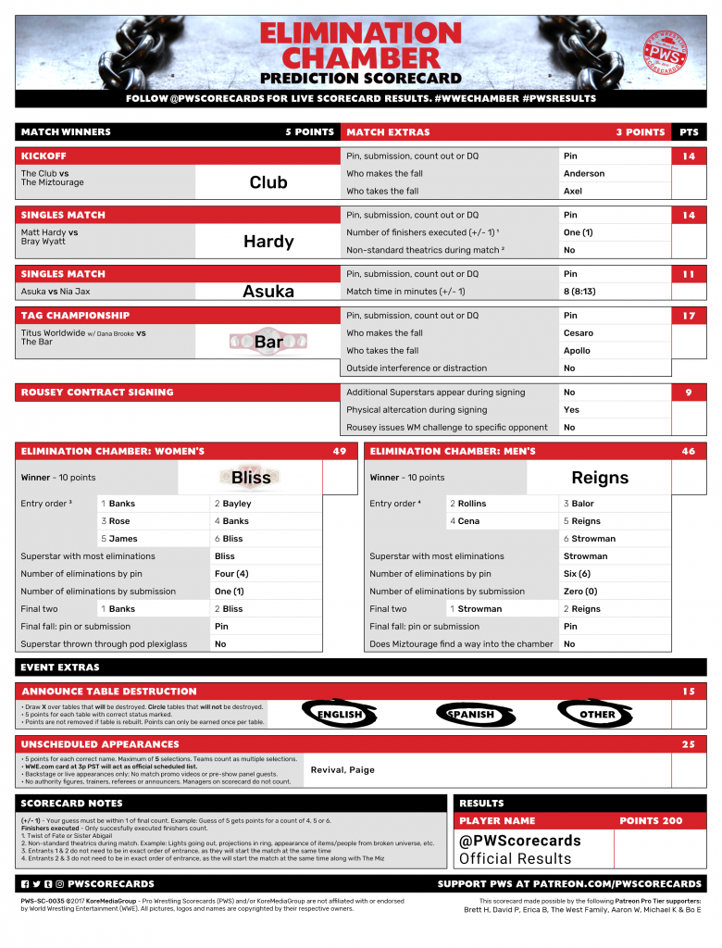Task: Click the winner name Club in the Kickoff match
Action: tap(268, 182)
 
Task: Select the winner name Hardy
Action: tap(268, 242)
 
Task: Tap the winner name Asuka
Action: tap(268, 292)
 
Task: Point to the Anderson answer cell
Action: tap(584, 174)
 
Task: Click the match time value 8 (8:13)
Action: tap(584, 292)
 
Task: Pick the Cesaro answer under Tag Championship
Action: tap(579, 333)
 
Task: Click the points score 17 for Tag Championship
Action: tap(689, 316)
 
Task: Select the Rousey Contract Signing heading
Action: tap(97, 393)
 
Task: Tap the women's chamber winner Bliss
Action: tap(251, 478)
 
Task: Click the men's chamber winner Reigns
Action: tap(600, 478)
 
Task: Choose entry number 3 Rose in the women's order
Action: tap(119, 521)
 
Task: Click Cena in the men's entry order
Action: tap(468, 521)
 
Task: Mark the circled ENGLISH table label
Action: tap(340, 715)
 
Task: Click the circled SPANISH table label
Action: tap(471, 715)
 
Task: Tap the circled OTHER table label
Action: tap(597, 715)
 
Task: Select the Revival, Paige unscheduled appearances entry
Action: tap(342, 770)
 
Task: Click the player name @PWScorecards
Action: tap(520, 841)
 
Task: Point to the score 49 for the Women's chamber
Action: tap(339, 452)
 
